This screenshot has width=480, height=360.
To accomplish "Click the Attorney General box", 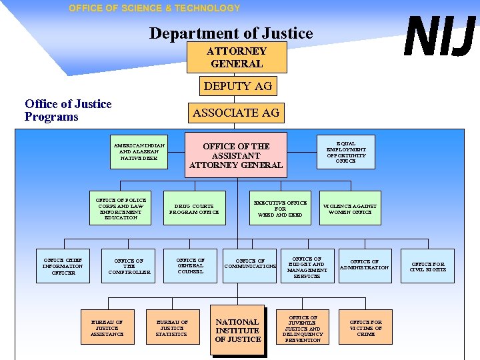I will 237,57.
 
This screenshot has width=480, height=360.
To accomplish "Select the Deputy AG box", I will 237,86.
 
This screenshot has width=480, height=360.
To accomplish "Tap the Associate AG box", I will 236,113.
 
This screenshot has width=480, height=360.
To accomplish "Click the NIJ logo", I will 441,37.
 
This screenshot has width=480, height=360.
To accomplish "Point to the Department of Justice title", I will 231,33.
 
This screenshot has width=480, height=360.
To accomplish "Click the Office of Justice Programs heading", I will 68,110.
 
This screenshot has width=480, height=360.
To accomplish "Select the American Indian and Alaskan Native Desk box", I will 139,152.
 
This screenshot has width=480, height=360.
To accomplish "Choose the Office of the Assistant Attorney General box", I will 236,155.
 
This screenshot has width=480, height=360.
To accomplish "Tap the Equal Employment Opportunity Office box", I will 345,152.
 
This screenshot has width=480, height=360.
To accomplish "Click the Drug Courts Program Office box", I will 194,209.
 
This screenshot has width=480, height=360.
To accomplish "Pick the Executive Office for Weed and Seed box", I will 280,209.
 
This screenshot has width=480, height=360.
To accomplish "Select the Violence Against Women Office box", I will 349,209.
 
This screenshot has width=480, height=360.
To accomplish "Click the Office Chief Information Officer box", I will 63,266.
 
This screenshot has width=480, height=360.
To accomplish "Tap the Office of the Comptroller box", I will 129,266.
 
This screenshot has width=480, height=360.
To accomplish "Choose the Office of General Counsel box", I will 190,266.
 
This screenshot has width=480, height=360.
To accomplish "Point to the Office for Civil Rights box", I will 427,267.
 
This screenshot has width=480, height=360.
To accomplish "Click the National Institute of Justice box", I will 237,331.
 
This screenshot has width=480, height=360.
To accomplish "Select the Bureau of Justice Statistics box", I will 171,328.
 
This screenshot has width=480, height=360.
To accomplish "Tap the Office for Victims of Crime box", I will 366,328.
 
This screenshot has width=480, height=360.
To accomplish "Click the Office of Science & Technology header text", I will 154,8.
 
